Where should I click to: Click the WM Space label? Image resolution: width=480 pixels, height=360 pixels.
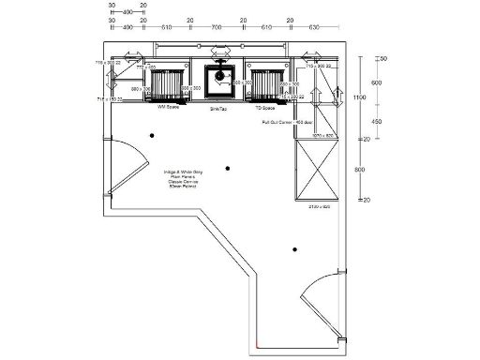[169, 108]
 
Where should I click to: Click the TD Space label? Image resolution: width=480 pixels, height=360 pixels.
[266, 108]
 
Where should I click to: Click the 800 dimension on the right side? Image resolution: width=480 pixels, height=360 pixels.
[359, 170]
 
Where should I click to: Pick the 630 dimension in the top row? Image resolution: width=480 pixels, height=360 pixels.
[316, 29]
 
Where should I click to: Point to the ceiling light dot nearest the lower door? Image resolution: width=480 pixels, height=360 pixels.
[294, 249]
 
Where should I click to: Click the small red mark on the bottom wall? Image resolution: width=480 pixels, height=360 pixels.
[254, 345]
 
